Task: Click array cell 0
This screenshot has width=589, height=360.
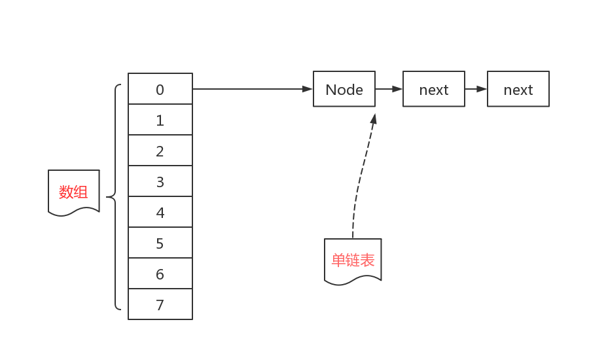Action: coord(160,89)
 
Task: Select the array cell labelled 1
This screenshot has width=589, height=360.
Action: coord(160,120)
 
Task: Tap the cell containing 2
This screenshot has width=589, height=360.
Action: coord(160,151)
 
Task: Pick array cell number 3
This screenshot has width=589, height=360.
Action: coord(160,181)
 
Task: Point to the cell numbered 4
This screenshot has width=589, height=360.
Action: coord(160,212)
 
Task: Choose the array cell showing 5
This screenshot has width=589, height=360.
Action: coord(160,243)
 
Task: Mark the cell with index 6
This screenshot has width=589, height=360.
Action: coord(160,274)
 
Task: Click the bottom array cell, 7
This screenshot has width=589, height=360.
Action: coord(160,304)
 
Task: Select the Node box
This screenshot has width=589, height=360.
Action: coord(344,89)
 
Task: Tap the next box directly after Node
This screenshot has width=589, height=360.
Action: coord(433,89)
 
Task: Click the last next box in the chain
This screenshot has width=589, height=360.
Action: coord(518,89)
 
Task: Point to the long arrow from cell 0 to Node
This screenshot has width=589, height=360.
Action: coord(253,89)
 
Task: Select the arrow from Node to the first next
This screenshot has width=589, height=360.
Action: coord(389,89)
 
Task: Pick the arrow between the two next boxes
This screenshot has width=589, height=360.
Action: coord(476,89)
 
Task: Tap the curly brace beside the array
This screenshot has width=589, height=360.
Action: coord(116,196)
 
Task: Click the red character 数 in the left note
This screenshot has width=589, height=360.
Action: coord(66,192)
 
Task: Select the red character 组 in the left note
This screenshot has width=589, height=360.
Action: coord(80,192)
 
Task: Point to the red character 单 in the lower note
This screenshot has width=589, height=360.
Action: coord(338,261)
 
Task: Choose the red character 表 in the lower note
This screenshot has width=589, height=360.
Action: coord(367,261)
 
